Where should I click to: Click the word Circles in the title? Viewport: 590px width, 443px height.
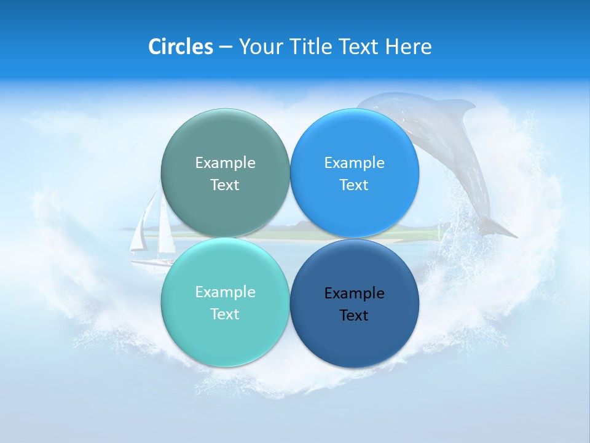(180, 47)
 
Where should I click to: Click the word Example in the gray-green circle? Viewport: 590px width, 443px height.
(225, 162)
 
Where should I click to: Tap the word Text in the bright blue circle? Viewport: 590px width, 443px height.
(354, 185)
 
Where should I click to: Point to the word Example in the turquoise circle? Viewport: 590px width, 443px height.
(225, 292)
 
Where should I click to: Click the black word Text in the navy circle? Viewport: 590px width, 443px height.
(354, 316)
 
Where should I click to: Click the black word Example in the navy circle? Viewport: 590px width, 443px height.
(354, 293)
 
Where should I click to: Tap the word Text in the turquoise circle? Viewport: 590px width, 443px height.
(225, 314)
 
